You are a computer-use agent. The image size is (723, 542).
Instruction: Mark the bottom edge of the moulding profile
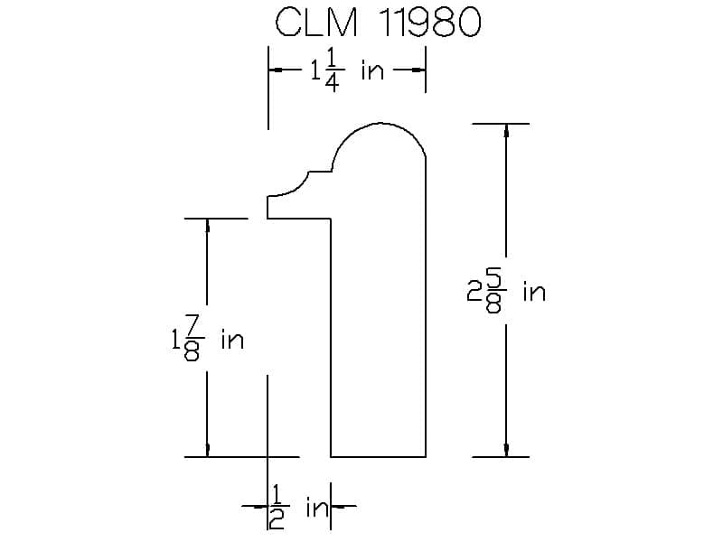point(378,457)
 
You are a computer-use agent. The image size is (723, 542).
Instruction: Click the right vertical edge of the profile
point(426,307)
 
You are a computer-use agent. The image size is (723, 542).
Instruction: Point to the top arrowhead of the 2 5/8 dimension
point(505,130)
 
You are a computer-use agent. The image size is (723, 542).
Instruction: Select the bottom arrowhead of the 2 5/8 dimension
point(505,450)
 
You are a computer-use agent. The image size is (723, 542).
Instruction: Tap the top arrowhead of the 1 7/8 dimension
point(208,225)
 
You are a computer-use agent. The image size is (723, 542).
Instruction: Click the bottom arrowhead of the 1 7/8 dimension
point(208,450)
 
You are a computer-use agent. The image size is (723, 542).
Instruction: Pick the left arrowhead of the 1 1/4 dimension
point(276,70)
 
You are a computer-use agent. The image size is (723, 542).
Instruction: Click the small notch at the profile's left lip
point(268,207)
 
